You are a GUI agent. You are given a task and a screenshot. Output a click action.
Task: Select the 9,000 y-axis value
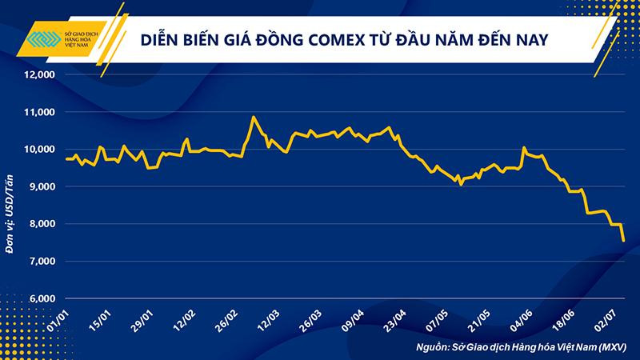click(40, 187)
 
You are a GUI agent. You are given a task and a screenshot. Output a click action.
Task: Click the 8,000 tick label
click(40, 225)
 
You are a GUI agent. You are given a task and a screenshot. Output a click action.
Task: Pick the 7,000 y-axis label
click(40, 262)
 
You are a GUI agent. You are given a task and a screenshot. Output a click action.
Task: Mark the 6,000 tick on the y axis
click(40, 299)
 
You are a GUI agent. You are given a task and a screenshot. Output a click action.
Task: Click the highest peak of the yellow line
click(254, 118)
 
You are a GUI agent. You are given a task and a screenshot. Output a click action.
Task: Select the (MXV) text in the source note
click(612, 347)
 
